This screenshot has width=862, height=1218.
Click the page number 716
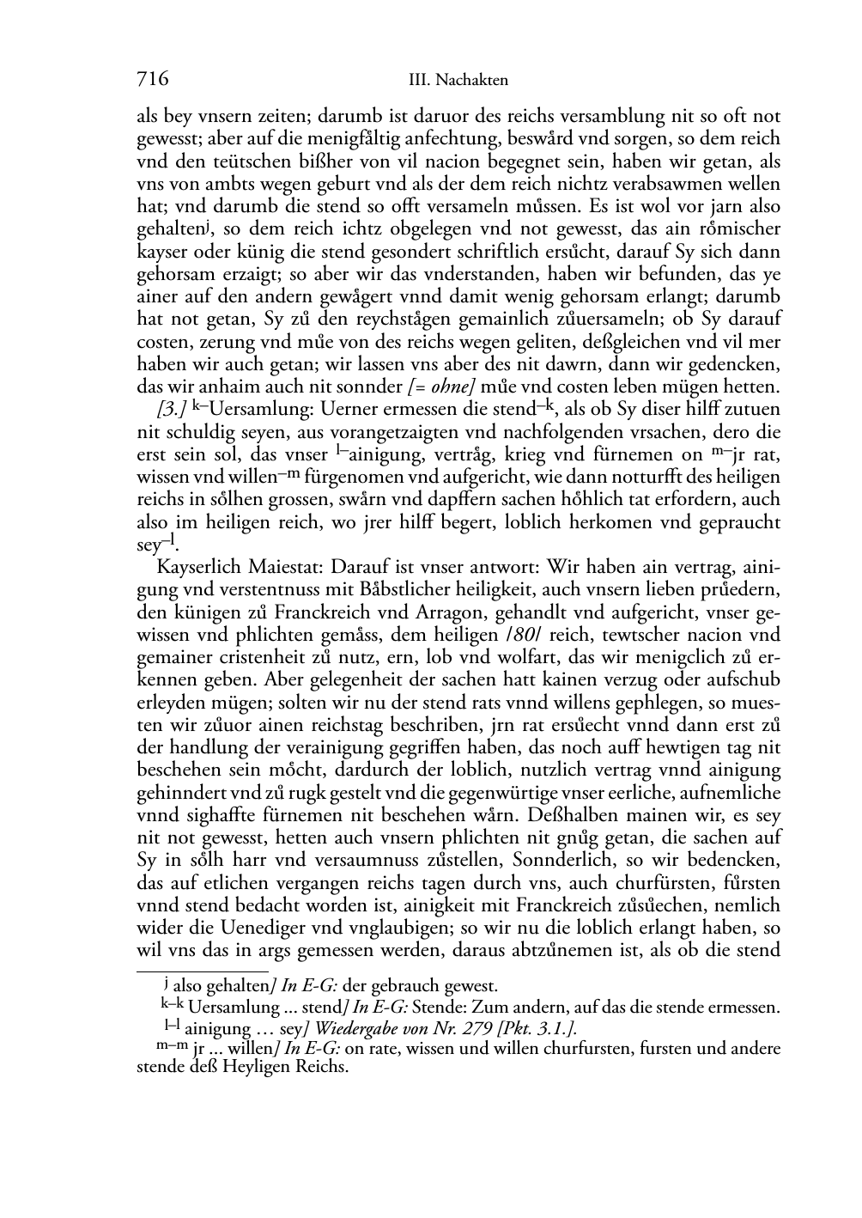(152, 79)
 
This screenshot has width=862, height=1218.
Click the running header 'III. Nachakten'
(458, 81)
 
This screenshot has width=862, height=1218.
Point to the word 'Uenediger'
(252, 928)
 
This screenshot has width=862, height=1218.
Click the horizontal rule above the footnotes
(190, 971)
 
